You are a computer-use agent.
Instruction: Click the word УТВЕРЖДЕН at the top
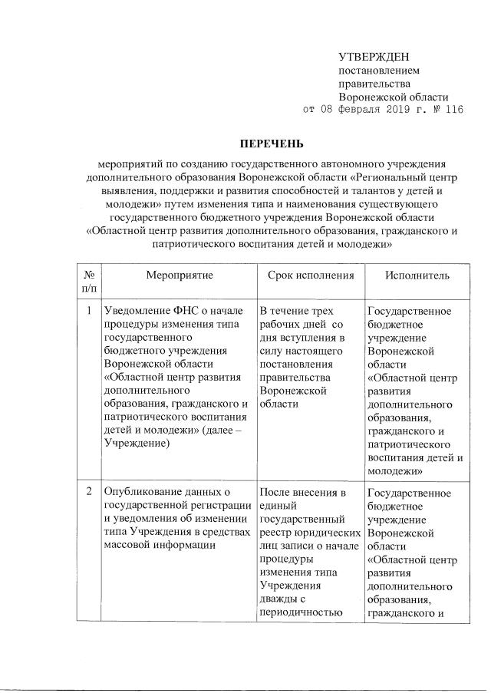coord(374,57)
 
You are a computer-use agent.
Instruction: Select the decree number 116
coord(453,111)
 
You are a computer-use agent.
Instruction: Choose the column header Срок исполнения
coord(311,275)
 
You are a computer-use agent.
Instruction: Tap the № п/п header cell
coord(89,281)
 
